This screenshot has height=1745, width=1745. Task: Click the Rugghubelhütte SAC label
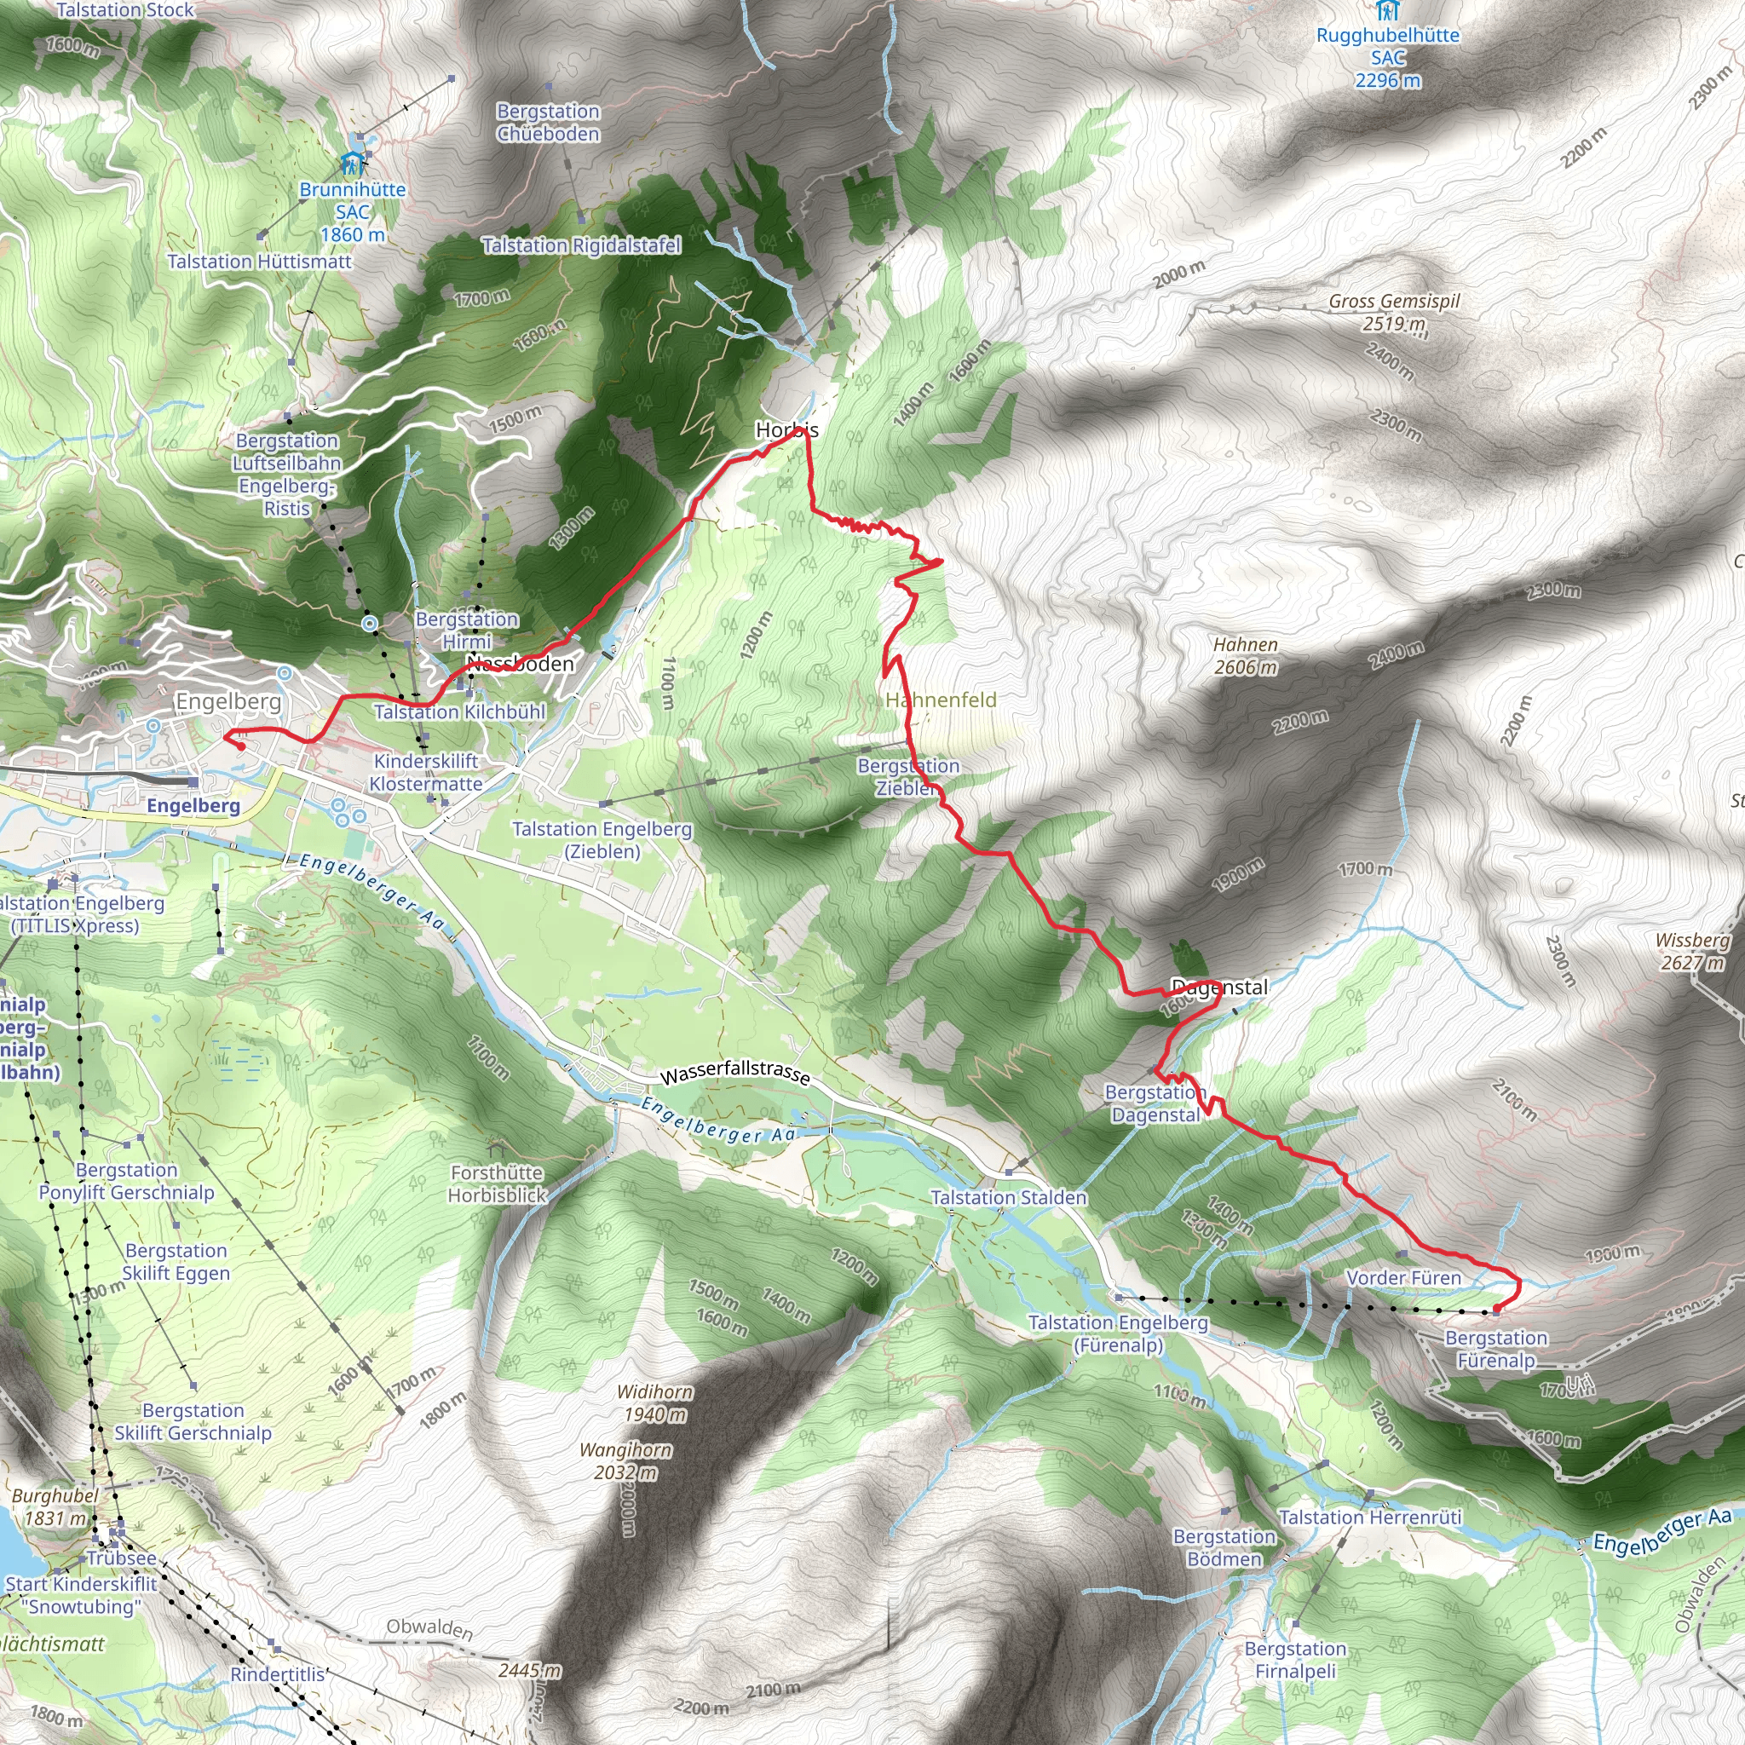1387,58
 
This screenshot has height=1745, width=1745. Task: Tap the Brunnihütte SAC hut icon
352,164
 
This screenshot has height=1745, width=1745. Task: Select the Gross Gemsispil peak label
1394,312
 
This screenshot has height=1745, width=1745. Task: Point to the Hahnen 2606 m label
1246,656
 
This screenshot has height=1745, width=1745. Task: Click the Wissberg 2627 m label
1691,951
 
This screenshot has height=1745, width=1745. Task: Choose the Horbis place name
786,430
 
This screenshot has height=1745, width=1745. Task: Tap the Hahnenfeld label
941,700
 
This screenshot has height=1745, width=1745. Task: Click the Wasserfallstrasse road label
734,1072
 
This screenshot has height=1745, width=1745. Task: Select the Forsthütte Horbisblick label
498,1183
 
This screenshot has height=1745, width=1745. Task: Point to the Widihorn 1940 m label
655,1402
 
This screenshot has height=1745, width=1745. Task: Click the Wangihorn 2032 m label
626,1460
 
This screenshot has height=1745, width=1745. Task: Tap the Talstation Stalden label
1008,1198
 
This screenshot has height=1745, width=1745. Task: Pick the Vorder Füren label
1402,1278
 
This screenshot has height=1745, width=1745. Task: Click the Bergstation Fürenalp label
1495,1349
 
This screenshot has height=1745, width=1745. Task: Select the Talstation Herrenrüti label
1369,1518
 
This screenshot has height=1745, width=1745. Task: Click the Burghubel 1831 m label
55,1506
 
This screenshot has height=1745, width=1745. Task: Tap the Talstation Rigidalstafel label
581,245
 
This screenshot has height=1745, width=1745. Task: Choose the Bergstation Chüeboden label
548,122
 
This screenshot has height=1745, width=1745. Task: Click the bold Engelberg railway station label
193,806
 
